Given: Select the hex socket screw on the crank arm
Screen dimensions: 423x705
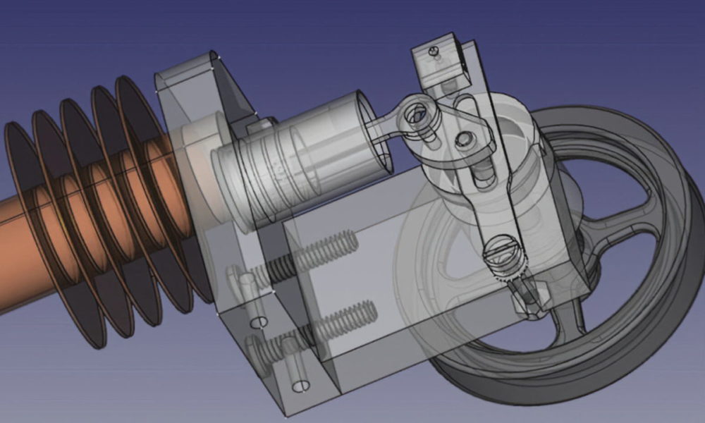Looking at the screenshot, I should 463,140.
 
